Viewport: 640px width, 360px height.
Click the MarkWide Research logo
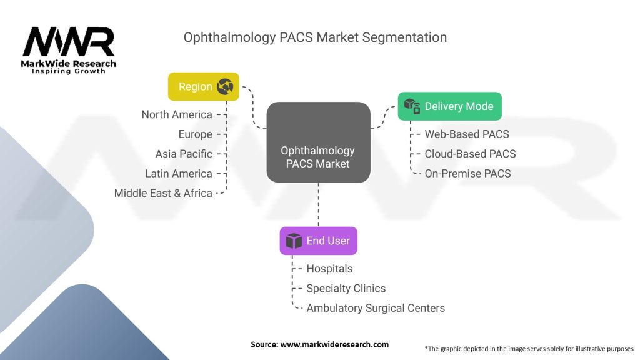point(69,49)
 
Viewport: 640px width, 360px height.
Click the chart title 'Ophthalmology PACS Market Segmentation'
point(315,37)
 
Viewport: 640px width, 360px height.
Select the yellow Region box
point(204,86)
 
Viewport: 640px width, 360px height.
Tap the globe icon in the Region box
point(225,87)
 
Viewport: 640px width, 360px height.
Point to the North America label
point(177,114)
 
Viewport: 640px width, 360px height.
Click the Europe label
point(195,134)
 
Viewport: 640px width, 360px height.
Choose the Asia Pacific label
point(184,154)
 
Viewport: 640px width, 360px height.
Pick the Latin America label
point(179,174)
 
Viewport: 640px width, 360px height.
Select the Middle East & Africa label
point(163,193)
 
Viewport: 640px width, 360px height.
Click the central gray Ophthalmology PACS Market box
point(318,143)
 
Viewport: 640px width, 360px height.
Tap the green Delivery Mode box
point(449,106)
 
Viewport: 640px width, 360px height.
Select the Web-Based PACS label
point(467,134)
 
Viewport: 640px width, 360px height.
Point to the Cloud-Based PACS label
point(470,154)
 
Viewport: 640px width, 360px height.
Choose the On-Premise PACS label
point(467,174)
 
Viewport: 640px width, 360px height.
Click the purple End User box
point(318,241)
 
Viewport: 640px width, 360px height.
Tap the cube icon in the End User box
point(294,241)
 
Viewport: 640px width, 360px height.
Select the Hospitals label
point(329,269)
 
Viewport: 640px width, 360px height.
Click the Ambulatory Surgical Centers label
point(376,308)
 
